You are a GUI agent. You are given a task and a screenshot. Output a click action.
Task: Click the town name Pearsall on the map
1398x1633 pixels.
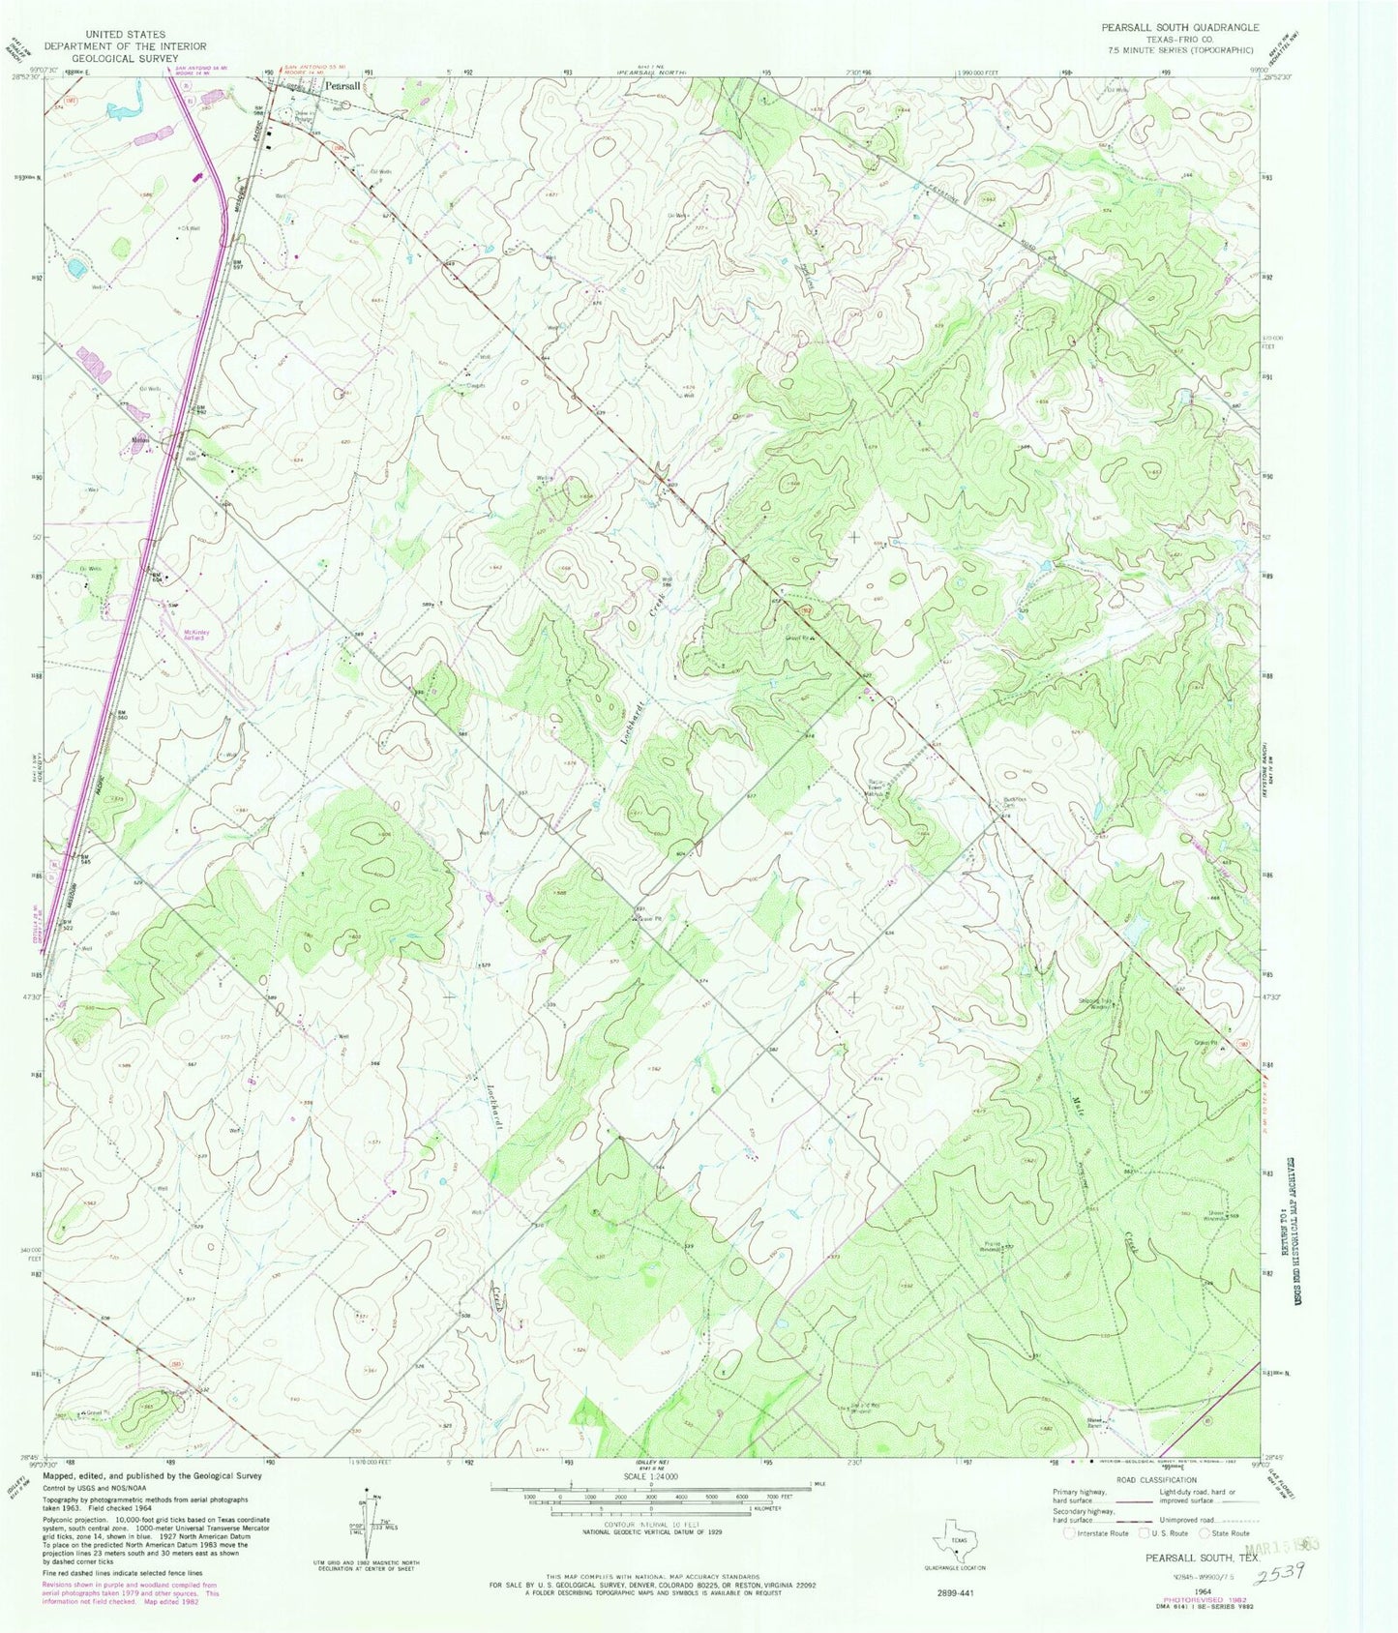pos(343,86)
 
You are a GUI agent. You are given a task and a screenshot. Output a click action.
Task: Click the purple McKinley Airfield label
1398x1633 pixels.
pos(196,635)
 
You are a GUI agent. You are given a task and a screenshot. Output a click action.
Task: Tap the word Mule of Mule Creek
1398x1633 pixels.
pos(1078,1104)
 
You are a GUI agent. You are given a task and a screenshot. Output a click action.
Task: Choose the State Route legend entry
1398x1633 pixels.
pos(1224,1533)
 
